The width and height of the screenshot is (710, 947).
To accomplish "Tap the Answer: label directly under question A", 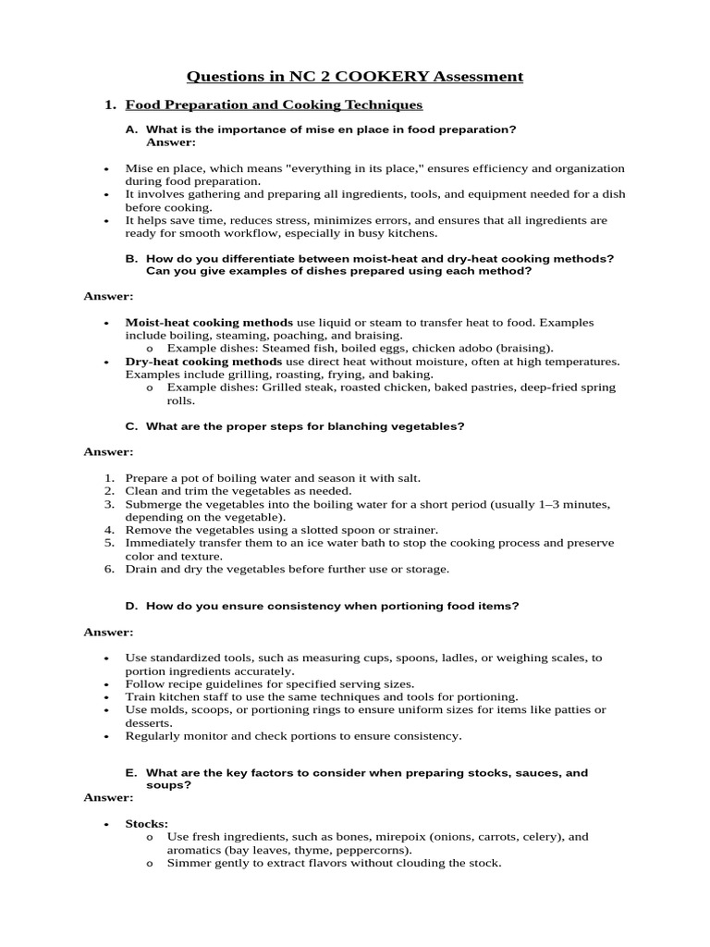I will [171, 142].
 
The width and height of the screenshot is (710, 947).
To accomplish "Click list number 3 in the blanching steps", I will [108, 504].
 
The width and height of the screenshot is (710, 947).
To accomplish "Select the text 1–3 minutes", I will [573, 504].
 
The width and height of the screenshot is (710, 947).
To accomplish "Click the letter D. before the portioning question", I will [131, 606].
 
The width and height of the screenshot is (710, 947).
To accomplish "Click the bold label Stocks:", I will [147, 823].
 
